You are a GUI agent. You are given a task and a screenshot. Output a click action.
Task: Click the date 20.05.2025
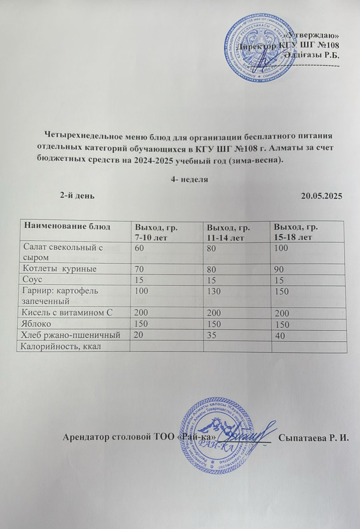pyautogui.click(x=321, y=195)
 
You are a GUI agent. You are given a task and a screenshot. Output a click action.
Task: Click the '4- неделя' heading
pyautogui.click(x=189, y=180)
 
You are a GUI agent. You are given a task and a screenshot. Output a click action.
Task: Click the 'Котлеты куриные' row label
pyautogui.click(x=59, y=268)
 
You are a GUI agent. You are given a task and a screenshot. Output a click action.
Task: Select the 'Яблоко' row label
pyautogui.click(x=36, y=324)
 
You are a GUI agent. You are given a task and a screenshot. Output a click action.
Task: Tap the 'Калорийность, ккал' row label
pyautogui.click(x=60, y=346)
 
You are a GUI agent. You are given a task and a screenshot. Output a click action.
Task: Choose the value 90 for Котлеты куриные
pyautogui.click(x=279, y=269)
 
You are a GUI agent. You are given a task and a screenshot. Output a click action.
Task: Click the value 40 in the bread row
pyautogui.click(x=280, y=336)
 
